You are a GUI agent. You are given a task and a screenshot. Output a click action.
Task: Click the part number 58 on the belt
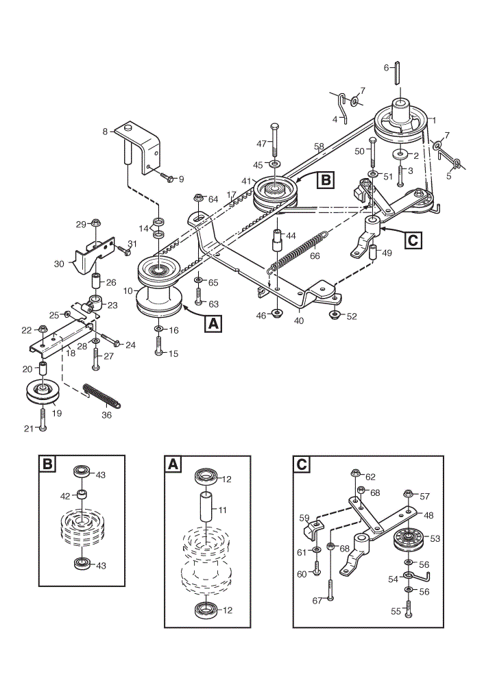[x=319, y=147]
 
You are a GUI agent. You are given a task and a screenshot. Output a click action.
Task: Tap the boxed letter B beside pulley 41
[x=326, y=179]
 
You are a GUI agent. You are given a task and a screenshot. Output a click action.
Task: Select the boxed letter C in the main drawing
[x=413, y=240]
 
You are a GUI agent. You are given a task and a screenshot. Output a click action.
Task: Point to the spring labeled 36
[x=101, y=395]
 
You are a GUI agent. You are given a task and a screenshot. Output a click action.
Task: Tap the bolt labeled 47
[x=274, y=140]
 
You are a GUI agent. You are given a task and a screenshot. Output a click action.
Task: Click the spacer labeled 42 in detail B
[x=82, y=495]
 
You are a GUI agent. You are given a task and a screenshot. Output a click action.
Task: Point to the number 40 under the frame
[x=299, y=321]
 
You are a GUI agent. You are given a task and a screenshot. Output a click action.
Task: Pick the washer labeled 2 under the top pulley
[x=400, y=154]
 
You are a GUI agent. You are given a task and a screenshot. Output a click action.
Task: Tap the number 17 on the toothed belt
[x=231, y=195]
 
